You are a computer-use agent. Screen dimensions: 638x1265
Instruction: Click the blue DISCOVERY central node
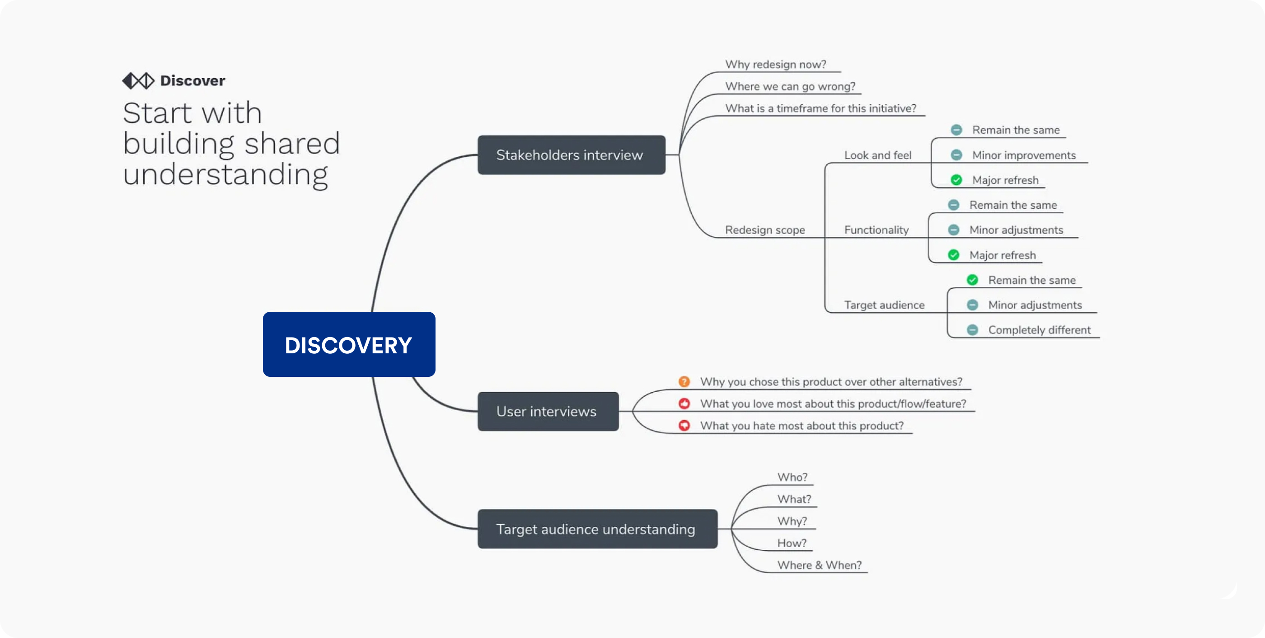click(349, 344)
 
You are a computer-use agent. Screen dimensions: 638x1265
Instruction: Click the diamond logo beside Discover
click(138, 80)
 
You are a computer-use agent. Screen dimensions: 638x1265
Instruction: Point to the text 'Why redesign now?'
click(775, 64)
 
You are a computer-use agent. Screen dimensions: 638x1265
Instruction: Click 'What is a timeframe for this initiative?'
click(820, 108)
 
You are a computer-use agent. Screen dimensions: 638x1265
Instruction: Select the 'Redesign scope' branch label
click(764, 230)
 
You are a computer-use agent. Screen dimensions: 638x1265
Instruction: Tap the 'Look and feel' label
click(877, 155)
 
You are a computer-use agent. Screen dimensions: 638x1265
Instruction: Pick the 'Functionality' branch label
click(876, 230)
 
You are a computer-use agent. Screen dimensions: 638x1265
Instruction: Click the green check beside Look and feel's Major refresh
click(956, 180)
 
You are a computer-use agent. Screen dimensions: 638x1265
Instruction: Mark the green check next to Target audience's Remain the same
click(972, 280)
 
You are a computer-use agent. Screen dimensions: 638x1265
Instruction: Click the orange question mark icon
click(684, 382)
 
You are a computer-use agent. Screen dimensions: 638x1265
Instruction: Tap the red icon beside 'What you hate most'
click(684, 425)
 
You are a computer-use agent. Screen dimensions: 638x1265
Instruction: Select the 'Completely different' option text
click(1039, 330)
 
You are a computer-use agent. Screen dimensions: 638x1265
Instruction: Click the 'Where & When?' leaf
click(819, 565)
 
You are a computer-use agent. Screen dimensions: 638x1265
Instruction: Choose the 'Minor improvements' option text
click(1023, 155)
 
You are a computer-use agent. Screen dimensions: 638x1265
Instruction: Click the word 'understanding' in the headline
click(225, 175)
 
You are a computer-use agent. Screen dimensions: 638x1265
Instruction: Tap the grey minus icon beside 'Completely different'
click(972, 330)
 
